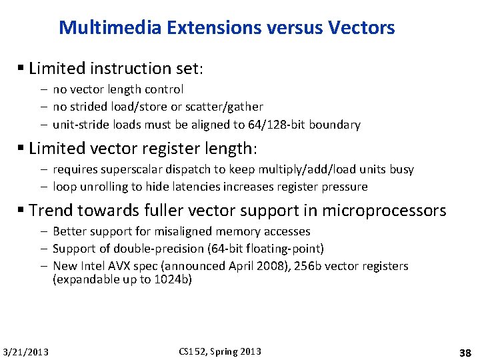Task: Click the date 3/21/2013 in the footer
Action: (x=25, y=352)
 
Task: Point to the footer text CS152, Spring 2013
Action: (x=220, y=351)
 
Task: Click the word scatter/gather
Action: (x=227, y=107)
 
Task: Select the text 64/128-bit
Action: (x=272, y=125)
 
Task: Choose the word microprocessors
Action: (x=384, y=211)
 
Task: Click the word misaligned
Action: (x=188, y=231)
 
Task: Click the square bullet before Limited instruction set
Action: (x=22, y=69)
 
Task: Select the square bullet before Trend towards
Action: (x=22, y=211)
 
